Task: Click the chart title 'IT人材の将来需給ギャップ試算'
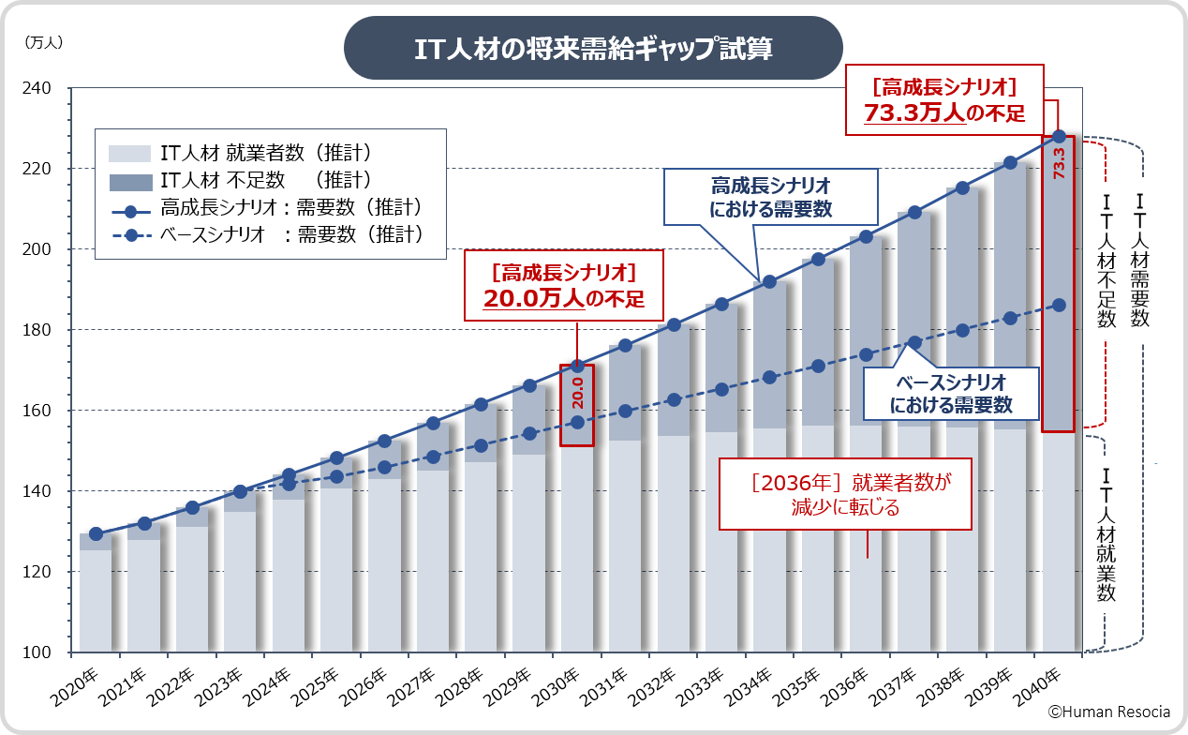click(x=593, y=48)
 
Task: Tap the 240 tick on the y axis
click(x=48, y=88)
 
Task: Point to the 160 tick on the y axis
click(x=48, y=411)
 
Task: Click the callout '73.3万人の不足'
click(x=943, y=101)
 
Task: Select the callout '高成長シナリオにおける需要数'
click(x=770, y=197)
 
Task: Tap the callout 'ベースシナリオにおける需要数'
click(x=950, y=394)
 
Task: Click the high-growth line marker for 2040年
click(x=1059, y=137)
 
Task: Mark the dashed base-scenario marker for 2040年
click(x=1059, y=305)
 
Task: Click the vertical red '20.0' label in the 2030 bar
click(x=577, y=392)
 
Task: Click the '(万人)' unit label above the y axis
click(x=44, y=42)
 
